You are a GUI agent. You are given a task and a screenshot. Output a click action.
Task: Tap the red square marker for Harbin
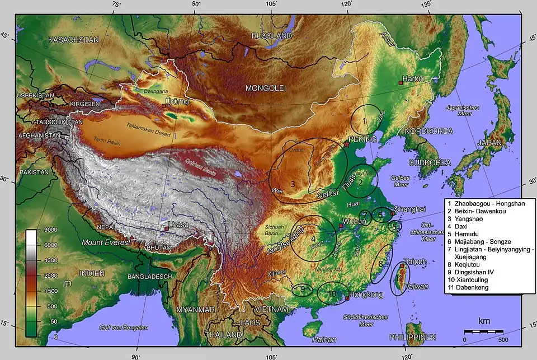click(x=401, y=83)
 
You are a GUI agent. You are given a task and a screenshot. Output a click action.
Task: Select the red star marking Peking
click(x=347, y=144)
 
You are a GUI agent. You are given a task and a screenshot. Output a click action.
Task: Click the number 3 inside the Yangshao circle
click(x=293, y=184)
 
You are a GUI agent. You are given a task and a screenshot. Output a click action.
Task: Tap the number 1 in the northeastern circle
click(x=364, y=121)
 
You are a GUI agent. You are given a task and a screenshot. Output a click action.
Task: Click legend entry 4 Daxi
click(x=459, y=227)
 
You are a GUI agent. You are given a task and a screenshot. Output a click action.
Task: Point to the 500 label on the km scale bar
click(x=502, y=340)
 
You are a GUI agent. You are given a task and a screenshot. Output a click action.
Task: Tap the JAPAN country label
click(x=489, y=143)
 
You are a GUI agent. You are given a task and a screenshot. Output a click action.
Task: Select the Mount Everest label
click(x=105, y=242)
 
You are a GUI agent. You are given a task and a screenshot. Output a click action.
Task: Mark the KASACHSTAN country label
click(x=73, y=40)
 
